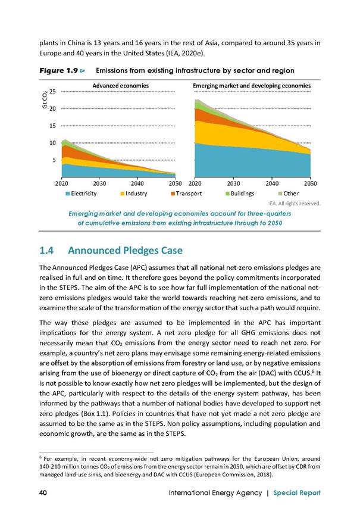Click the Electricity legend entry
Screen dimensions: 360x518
tap(82, 194)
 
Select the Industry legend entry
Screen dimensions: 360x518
tap(134, 194)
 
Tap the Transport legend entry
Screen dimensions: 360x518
tap(186, 194)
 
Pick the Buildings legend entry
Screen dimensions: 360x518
tap(240, 194)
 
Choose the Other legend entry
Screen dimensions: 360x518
tap(289, 194)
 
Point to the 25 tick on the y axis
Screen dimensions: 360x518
tap(52, 92)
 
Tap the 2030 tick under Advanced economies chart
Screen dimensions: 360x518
tap(99, 183)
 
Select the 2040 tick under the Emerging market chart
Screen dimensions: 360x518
tap(272, 183)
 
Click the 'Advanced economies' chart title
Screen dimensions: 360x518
tap(121, 86)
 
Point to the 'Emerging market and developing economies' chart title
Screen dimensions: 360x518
tap(252, 86)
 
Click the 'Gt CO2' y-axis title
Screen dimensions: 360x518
tap(44, 101)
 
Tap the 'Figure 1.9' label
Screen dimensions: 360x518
tap(59, 70)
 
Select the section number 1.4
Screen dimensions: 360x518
tap(46, 251)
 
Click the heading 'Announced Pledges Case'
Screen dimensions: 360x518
tap(125, 251)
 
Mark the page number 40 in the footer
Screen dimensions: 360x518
tap(43, 493)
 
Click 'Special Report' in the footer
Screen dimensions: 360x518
tap(297, 493)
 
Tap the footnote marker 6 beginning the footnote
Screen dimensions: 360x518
tap(40, 457)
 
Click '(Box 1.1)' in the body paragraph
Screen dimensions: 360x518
tap(96, 414)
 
